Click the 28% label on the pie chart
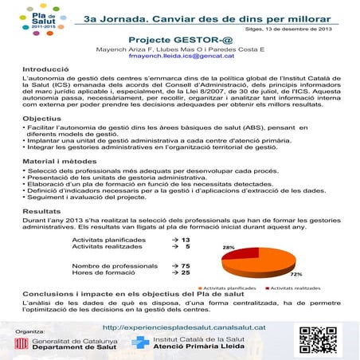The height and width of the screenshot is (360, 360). pyautogui.click(x=228, y=248)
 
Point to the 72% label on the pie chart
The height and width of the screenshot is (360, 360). pyautogui.click(x=296, y=273)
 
